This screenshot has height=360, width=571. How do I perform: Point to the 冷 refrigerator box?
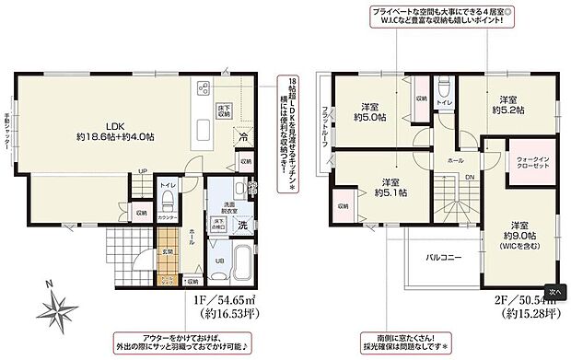243,138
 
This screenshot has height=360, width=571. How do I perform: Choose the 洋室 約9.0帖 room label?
519,234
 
